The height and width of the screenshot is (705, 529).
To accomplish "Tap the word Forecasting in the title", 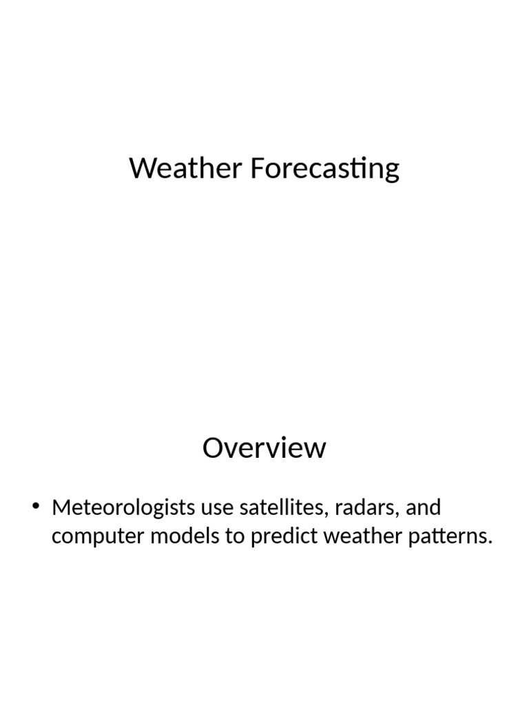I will coord(324,169).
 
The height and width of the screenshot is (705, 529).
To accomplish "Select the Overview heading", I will coord(264,448).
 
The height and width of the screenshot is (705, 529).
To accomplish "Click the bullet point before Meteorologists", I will coord(37,509).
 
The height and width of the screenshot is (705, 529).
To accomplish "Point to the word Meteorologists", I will coord(123,509).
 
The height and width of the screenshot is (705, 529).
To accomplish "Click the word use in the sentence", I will coord(217,509).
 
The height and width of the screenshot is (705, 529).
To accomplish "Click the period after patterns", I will coord(491,544).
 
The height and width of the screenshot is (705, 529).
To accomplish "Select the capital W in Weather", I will coord(143,169).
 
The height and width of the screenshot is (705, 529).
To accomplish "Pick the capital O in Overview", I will coord(214,448).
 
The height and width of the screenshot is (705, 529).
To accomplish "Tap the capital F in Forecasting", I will coord(257,169).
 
